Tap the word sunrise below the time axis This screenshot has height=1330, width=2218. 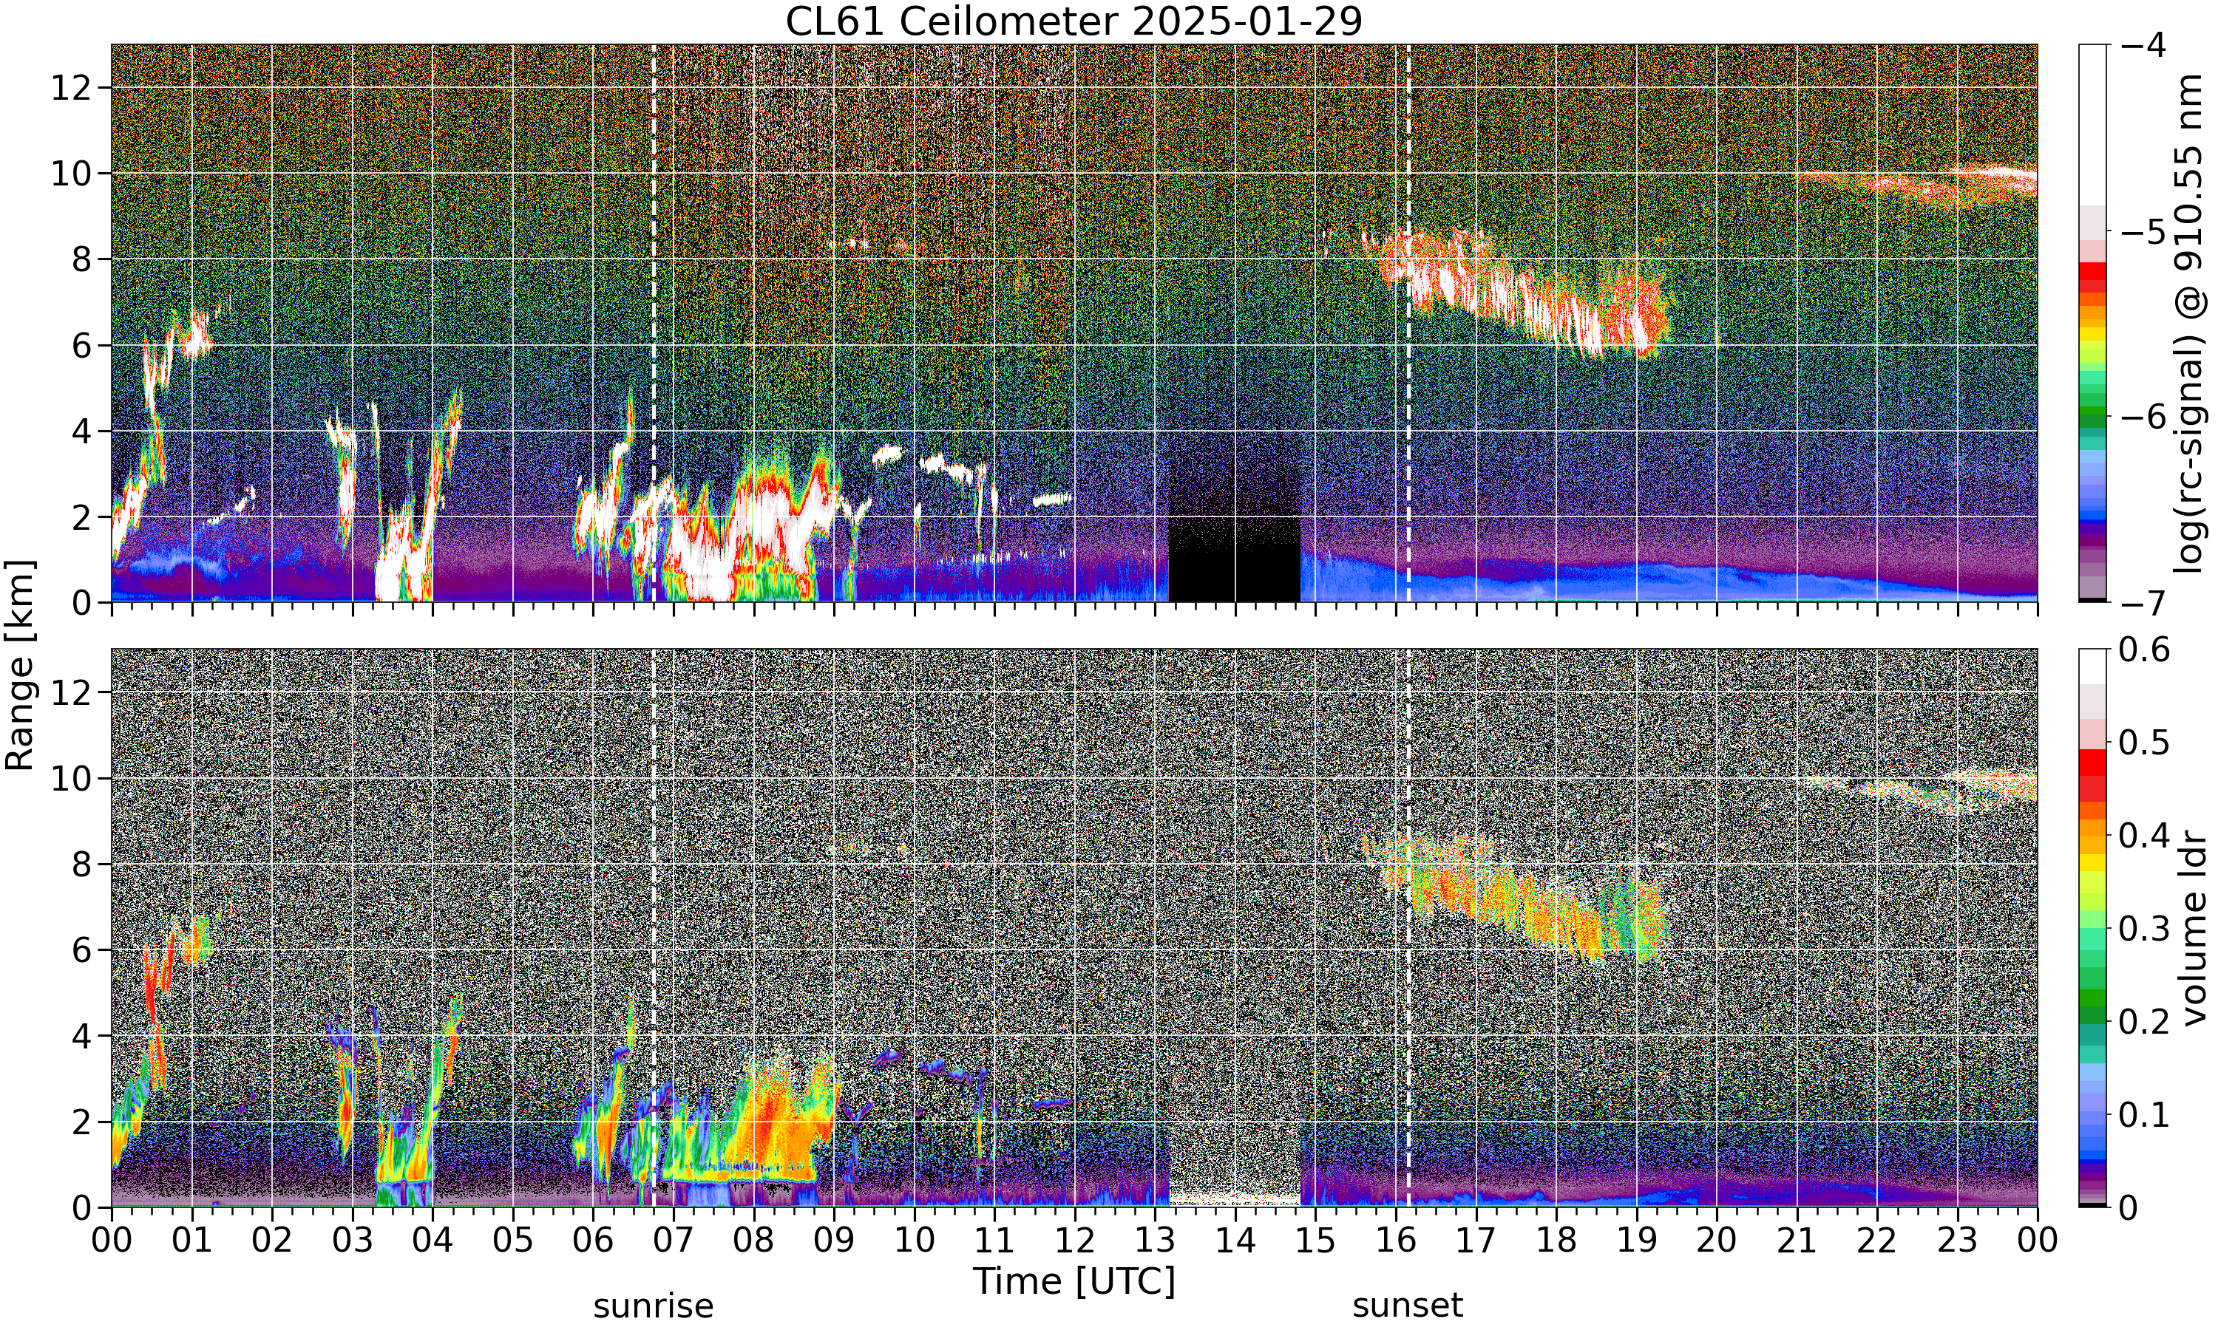click(654, 1306)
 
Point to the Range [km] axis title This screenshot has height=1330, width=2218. click(20, 665)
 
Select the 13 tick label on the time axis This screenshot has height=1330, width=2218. click(1155, 1241)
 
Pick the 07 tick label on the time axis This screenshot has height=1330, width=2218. click(674, 1241)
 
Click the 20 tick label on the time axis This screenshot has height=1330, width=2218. click(1717, 1241)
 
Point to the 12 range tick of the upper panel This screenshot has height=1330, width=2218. click(71, 88)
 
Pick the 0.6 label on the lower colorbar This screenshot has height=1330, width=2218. click(2145, 649)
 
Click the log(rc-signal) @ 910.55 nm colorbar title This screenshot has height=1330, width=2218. click(2189, 324)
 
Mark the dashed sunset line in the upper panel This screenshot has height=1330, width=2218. click(1408, 323)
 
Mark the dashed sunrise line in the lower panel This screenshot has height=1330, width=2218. click(654, 927)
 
